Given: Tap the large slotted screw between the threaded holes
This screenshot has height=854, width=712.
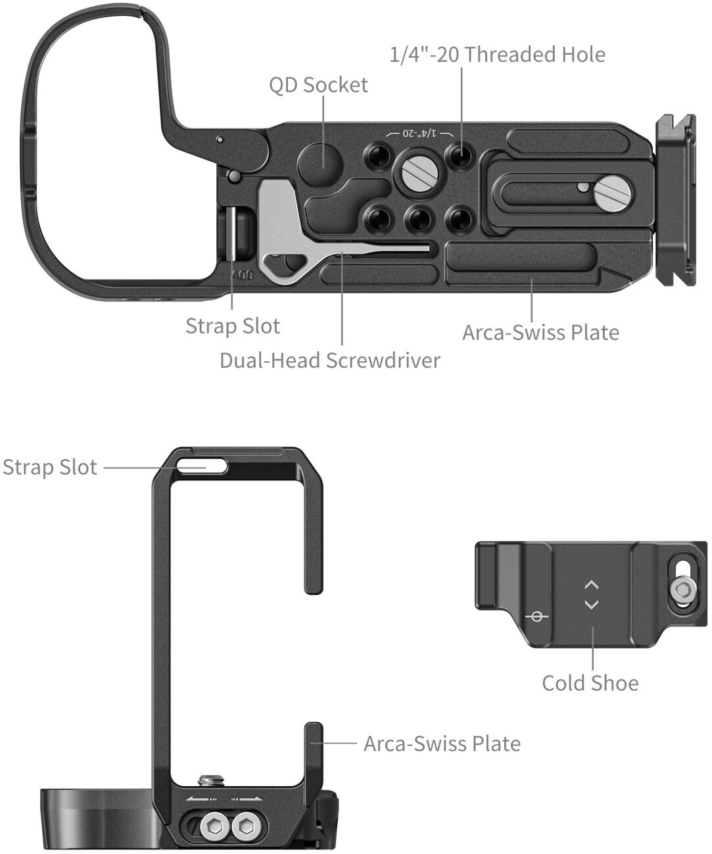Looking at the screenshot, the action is click(x=419, y=173).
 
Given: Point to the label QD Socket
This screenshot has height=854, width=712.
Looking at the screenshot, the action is click(x=318, y=85).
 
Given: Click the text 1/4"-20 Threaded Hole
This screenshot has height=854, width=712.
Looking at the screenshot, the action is click(x=497, y=55).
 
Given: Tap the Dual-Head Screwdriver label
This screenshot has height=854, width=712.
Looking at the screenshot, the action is click(x=329, y=361).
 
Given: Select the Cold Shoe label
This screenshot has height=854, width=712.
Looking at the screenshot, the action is click(x=590, y=683).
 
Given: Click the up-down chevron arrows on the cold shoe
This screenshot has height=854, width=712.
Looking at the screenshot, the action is click(x=591, y=595).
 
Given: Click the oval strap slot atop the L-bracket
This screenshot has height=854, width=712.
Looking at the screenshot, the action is click(x=202, y=466).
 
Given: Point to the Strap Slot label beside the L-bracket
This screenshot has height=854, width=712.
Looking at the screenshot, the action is click(x=50, y=467).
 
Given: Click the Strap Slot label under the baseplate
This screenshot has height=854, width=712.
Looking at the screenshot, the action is click(x=233, y=326).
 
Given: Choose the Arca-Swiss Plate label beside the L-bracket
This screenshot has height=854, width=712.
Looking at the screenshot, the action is click(x=442, y=743).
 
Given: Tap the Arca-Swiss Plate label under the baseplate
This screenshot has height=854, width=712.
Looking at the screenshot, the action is click(x=540, y=332).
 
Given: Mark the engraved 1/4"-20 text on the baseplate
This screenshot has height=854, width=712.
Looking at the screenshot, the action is click(x=419, y=133).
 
